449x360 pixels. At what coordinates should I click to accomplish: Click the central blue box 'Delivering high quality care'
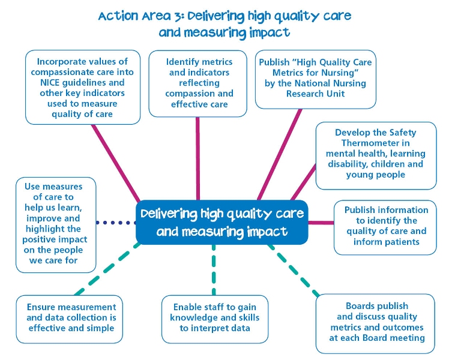click(x=221, y=222)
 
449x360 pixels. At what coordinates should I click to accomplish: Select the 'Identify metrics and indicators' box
click(x=199, y=83)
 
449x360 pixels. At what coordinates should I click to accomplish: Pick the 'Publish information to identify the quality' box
click(x=385, y=227)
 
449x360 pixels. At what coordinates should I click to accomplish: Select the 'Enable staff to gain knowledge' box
click(x=214, y=318)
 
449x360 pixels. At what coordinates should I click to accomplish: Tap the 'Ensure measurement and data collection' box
click(x=71, y=318)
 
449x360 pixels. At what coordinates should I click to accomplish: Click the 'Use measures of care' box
click(x=56, y=224)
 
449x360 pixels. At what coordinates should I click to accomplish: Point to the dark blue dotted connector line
click(x=117, y=223)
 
